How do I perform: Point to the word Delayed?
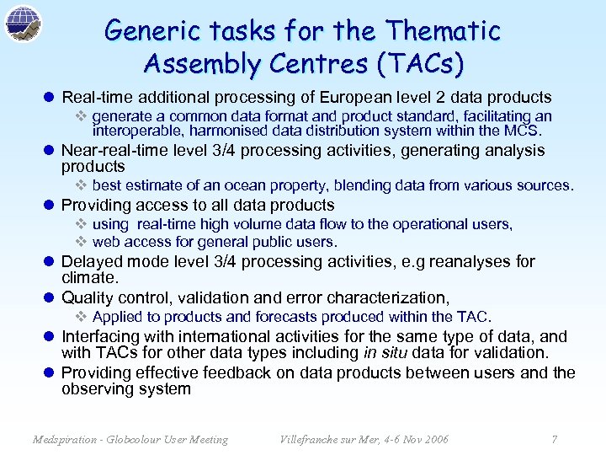[89, 262]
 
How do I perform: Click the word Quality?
[88, 297]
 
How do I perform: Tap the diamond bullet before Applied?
[82, 317]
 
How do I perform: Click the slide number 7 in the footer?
[554, 439]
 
